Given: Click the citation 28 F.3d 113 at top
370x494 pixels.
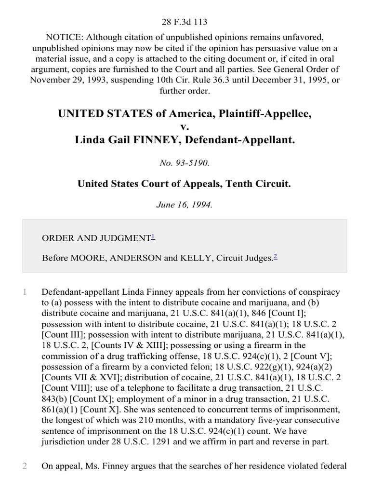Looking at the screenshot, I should [185, 22].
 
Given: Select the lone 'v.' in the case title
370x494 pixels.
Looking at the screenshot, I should [185, 127].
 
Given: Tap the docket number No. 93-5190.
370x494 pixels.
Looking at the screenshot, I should [185, 163].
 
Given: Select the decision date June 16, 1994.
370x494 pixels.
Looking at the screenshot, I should [185, 205].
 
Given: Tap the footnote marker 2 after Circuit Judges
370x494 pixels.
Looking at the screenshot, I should [275, 257].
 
